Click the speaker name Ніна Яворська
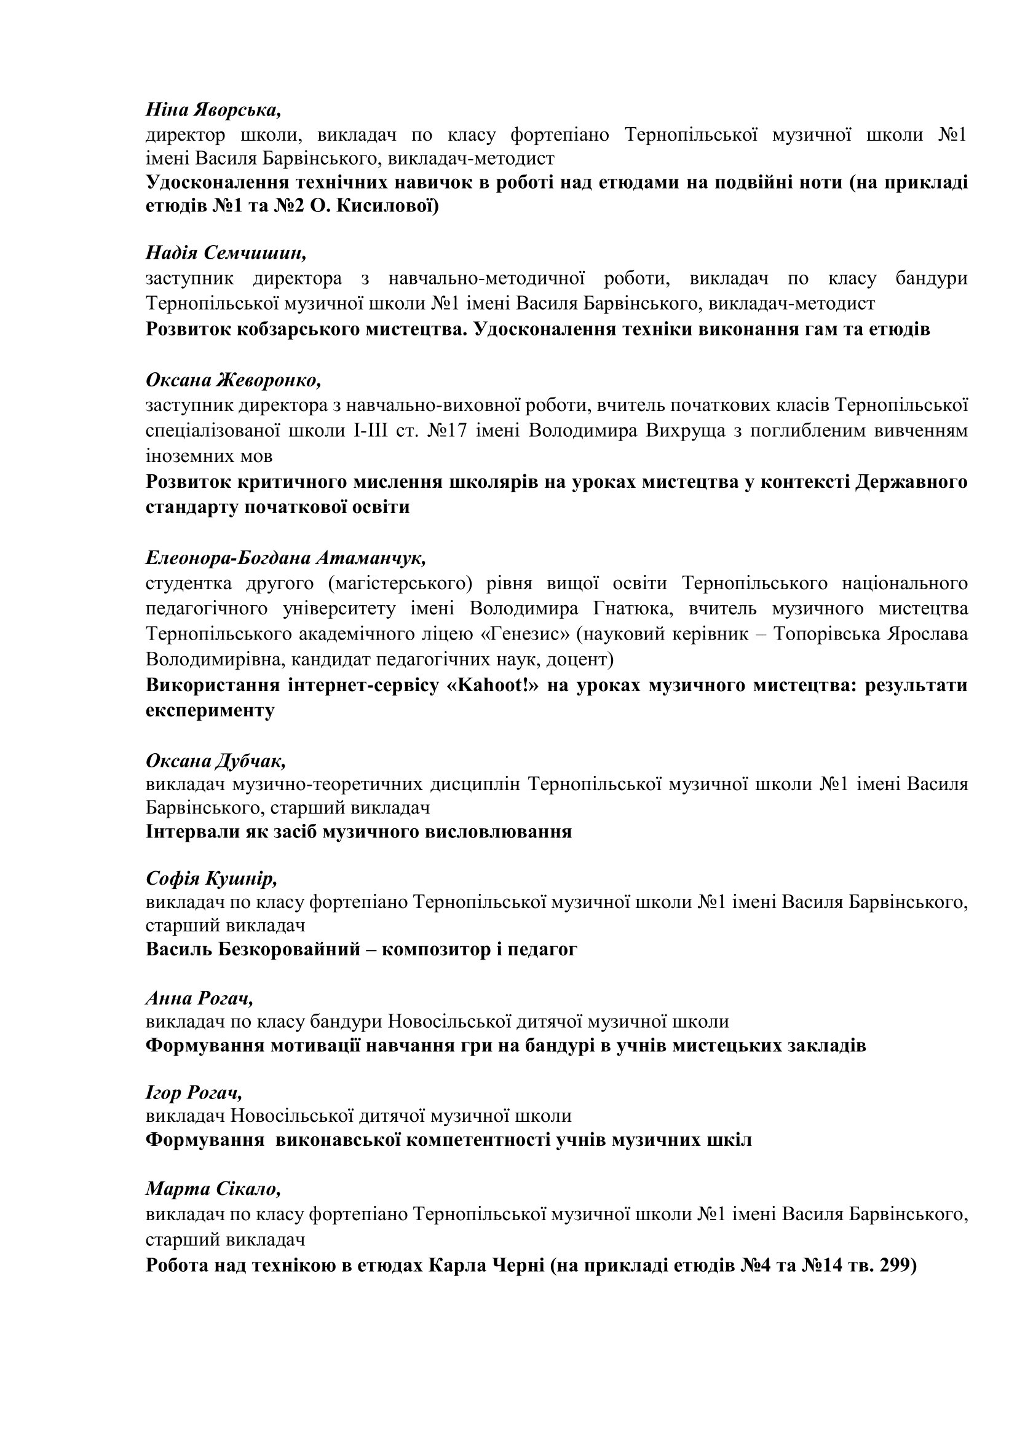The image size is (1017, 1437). click(x=213, y=110)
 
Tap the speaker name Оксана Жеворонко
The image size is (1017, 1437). click(x=233, y=380)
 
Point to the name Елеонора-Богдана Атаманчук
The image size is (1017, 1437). click(x=285, y=557)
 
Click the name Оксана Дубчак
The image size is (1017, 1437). click(x=216, y=761)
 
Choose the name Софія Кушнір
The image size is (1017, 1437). click(x=211, y=879)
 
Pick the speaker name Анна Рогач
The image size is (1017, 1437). click(x=199, y=998)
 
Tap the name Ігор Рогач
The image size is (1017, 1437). click(x=194, y=1093)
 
